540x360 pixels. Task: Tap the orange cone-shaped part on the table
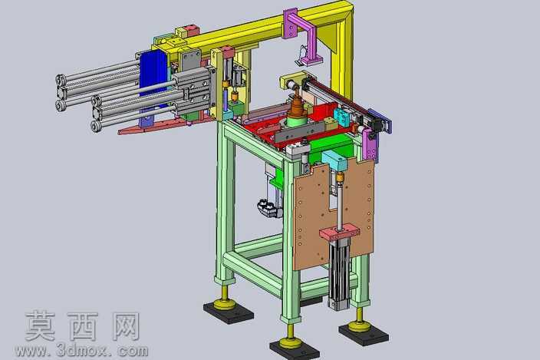point(297,106)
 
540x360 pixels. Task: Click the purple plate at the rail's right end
point(380,121)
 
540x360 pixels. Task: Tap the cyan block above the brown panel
point(334,160)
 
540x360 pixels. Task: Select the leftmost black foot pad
point(229,311)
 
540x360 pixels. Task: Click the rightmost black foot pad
point(364,333)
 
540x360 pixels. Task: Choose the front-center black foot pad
point(295,349)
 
